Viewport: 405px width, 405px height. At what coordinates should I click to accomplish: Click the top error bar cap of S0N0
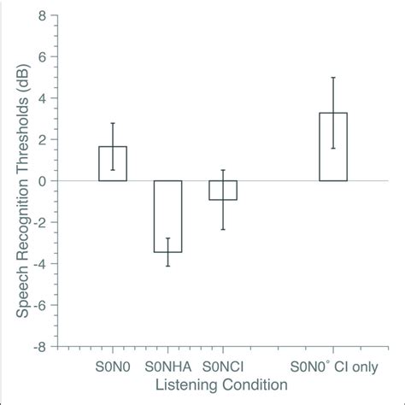click(x=113, y=123)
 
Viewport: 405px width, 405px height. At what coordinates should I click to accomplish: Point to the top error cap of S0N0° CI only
click(x=333, y=78)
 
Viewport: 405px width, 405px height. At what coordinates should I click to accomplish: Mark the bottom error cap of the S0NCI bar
click(x=223, y=229)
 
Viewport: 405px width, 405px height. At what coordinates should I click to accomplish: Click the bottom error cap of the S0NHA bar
click(x=167, y=266)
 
